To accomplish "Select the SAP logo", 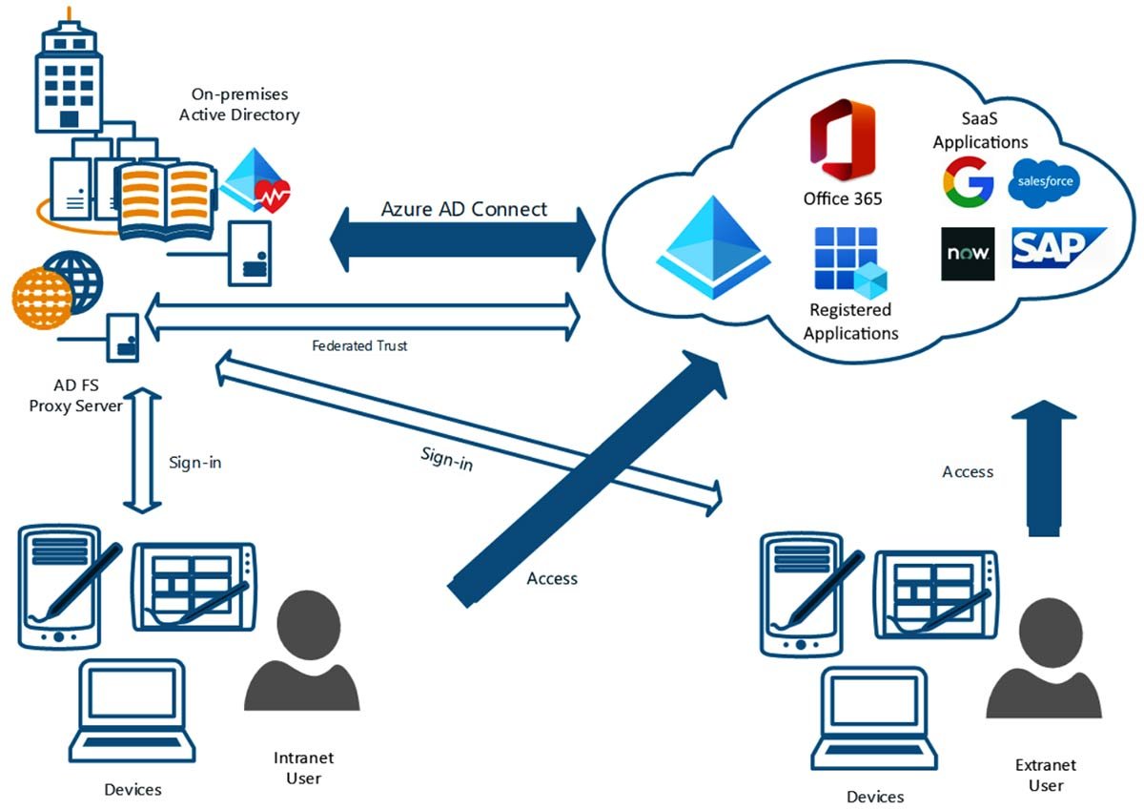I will (x=1056, y=248).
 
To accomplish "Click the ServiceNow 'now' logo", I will (x=968, y=254).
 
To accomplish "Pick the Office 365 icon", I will (x=842, y=144).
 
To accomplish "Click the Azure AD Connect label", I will (x=464, y=209).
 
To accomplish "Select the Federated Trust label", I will (x=359, y=345).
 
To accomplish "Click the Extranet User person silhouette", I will (x=1044, y=669).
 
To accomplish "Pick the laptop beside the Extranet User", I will (x=874, y=716).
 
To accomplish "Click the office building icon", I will (x=70, y=76).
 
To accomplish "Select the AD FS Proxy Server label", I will (x=88, y=396).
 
